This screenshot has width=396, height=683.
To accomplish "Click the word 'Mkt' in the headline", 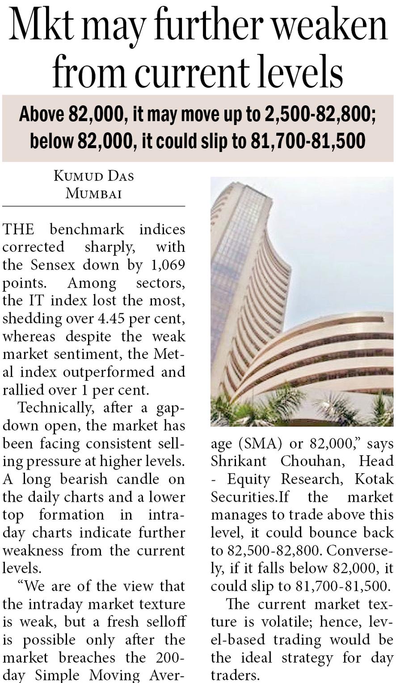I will pos(41,27).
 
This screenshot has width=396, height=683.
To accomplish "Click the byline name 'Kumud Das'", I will pos(94,176).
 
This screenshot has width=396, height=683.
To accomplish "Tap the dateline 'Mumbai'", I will pos(94,193).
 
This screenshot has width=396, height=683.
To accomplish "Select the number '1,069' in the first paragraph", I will pos(168,265).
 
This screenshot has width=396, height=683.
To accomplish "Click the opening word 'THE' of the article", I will pos(18,229).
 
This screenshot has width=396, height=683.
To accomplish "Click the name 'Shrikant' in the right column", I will pos(239,462).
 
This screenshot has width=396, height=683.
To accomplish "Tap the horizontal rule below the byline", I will pos(94,206).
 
